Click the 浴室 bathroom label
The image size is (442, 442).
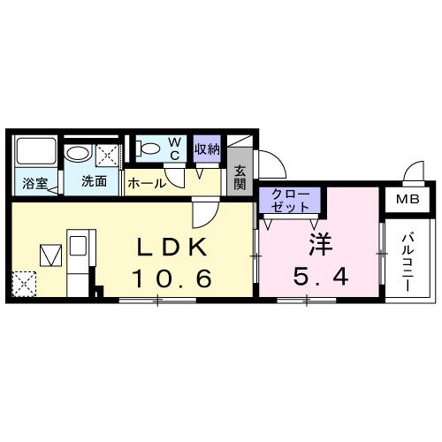point(35,184)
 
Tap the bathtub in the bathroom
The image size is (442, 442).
point(36,155)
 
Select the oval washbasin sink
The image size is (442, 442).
point(79,154)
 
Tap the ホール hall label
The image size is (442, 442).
point(146,184)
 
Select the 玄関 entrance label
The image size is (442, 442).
point(240,179)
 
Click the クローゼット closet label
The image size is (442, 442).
point(290,199)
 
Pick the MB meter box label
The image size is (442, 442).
point(408,200)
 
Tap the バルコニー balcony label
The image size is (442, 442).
point(408,255)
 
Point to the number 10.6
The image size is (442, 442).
point(171,279)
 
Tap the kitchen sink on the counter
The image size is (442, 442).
point(77,244)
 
